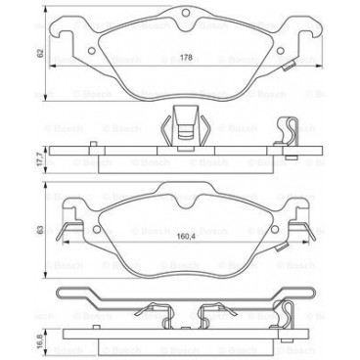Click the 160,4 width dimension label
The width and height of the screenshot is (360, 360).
point(185,235)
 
